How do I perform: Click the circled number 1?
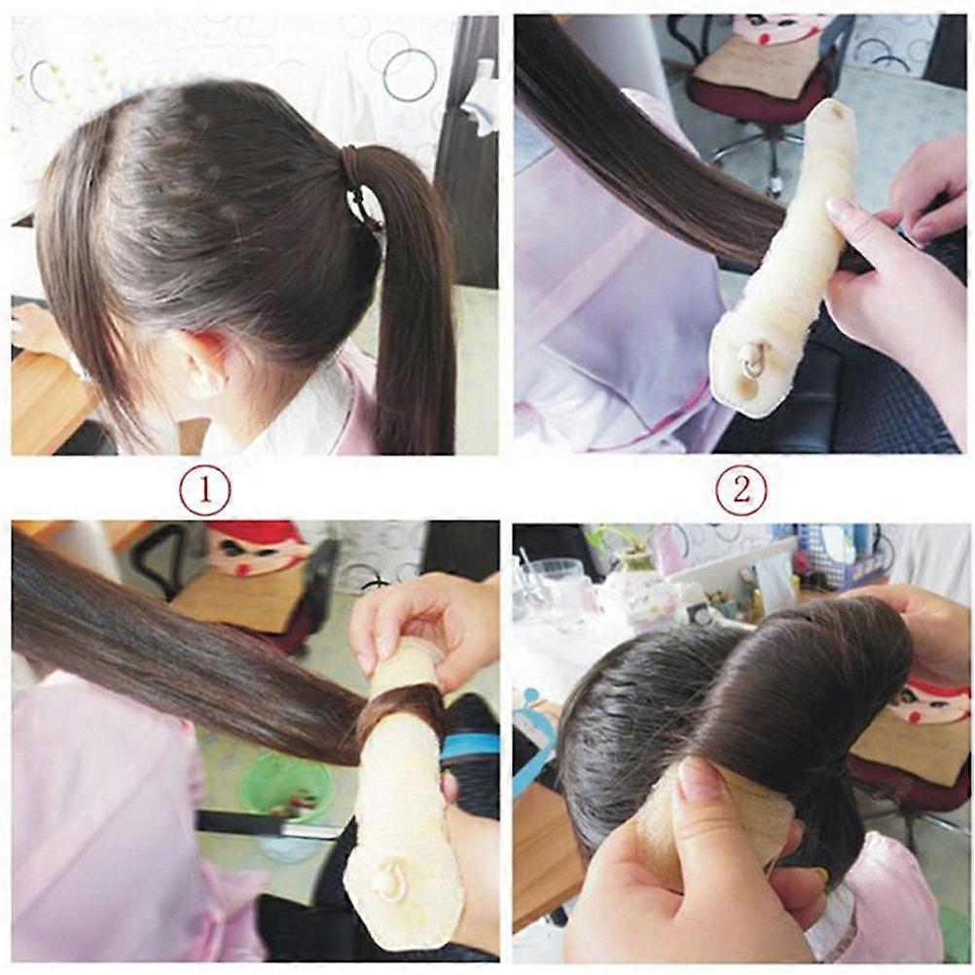(204, 490)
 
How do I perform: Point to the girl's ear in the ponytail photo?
(201, 363)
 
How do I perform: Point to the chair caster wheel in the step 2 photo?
(775, 184)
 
